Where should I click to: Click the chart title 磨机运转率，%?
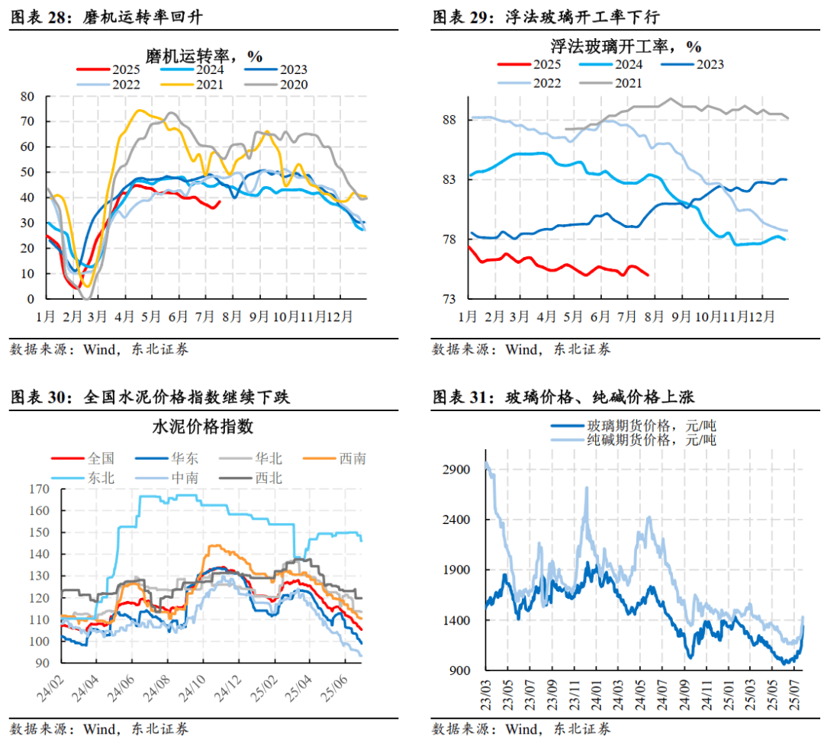204,56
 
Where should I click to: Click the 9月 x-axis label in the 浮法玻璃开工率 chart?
681,315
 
